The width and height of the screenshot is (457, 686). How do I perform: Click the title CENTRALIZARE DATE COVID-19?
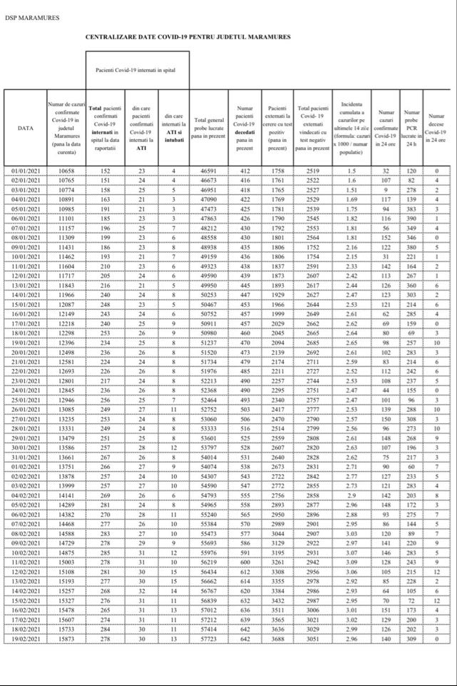pyautogui.click(x=189, y=36)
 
